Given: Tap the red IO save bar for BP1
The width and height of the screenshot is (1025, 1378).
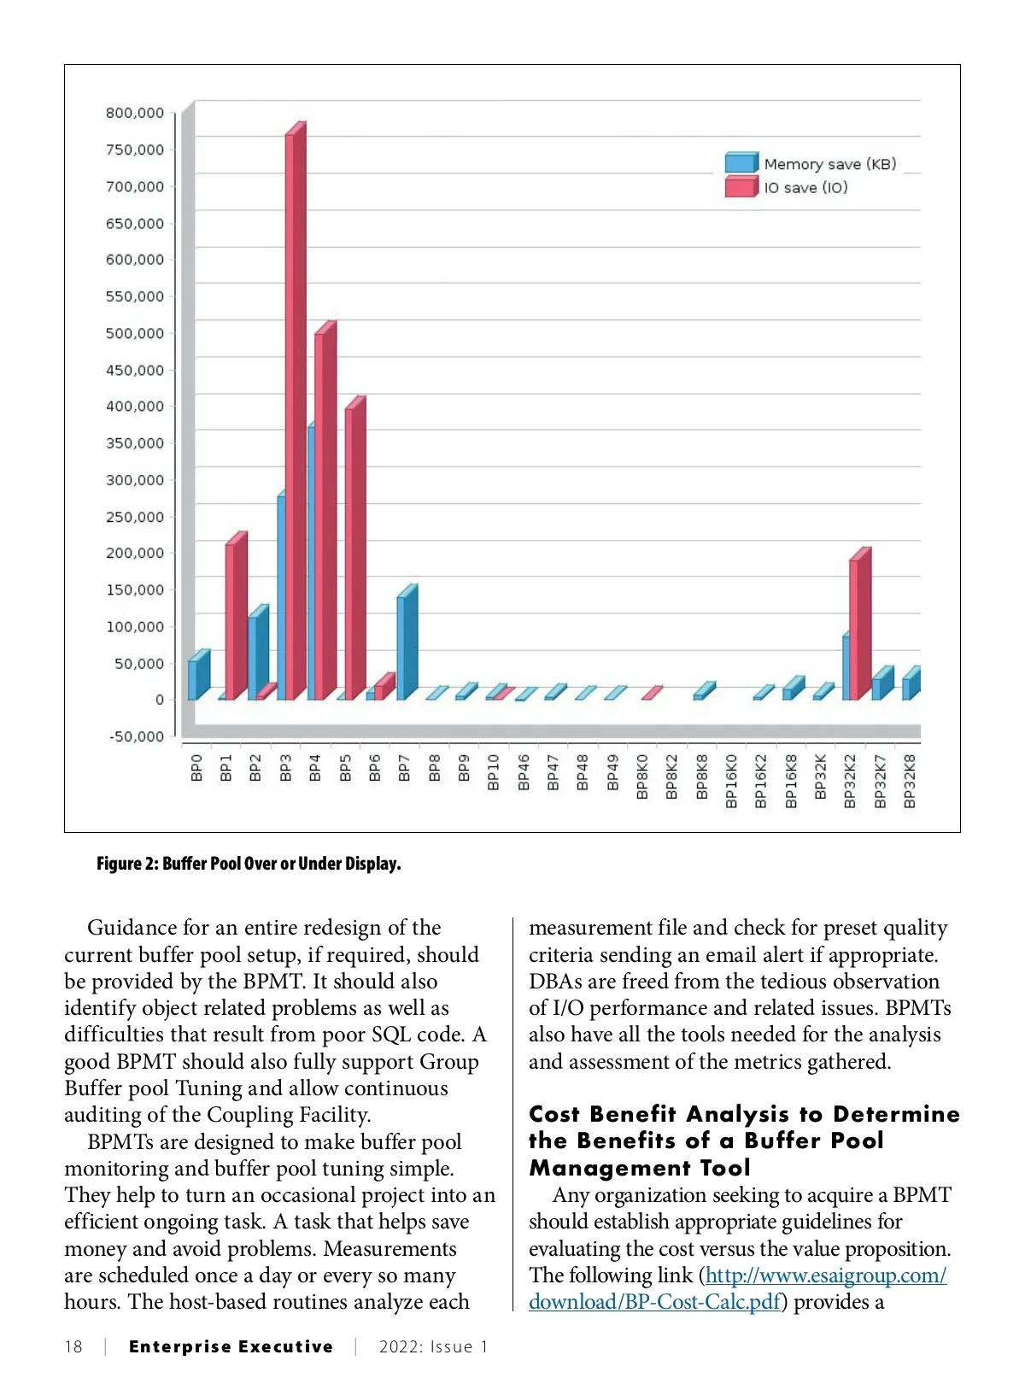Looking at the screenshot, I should [x=235, y=619].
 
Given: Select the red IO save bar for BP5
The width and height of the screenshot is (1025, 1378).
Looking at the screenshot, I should [x=354, y=551].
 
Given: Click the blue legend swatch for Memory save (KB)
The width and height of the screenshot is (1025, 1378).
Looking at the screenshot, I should [x=741, y=163].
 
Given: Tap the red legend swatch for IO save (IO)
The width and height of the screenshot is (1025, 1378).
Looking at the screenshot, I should [x=741, y=187].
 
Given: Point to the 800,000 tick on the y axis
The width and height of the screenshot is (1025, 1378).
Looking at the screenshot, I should [x=135, y=113].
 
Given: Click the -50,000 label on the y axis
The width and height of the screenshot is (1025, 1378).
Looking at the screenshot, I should [x=137, y=736].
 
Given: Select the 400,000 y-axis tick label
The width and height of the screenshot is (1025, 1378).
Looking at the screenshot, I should [x=135, y=406].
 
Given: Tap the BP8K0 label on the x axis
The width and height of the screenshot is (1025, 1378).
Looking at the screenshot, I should [x=642, y=777].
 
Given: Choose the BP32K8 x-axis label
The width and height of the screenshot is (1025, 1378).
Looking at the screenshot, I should [x=910, y=781].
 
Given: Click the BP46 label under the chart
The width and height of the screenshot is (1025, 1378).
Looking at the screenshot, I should [x=524, y=772].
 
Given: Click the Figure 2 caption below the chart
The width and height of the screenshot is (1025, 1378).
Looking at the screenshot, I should [x=249, y=864].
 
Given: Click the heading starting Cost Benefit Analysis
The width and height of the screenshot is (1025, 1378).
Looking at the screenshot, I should [x=743, y=1141].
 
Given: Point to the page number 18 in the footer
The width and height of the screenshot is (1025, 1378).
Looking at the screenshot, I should [x=73, y=1347].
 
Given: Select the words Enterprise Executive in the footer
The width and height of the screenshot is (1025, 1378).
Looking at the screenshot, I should [x=231, y=1347].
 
